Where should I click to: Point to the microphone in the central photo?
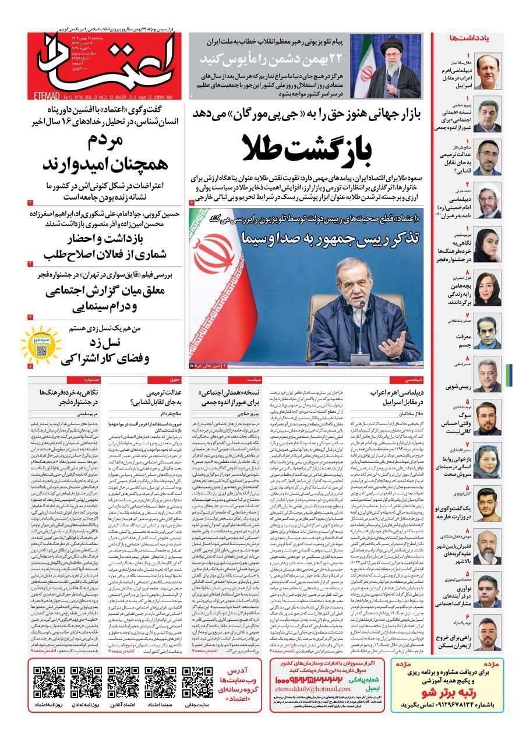pyautogui.click(x=362, y=309)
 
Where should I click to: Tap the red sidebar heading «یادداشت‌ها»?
pyautogui.click(x=464, y=37)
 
